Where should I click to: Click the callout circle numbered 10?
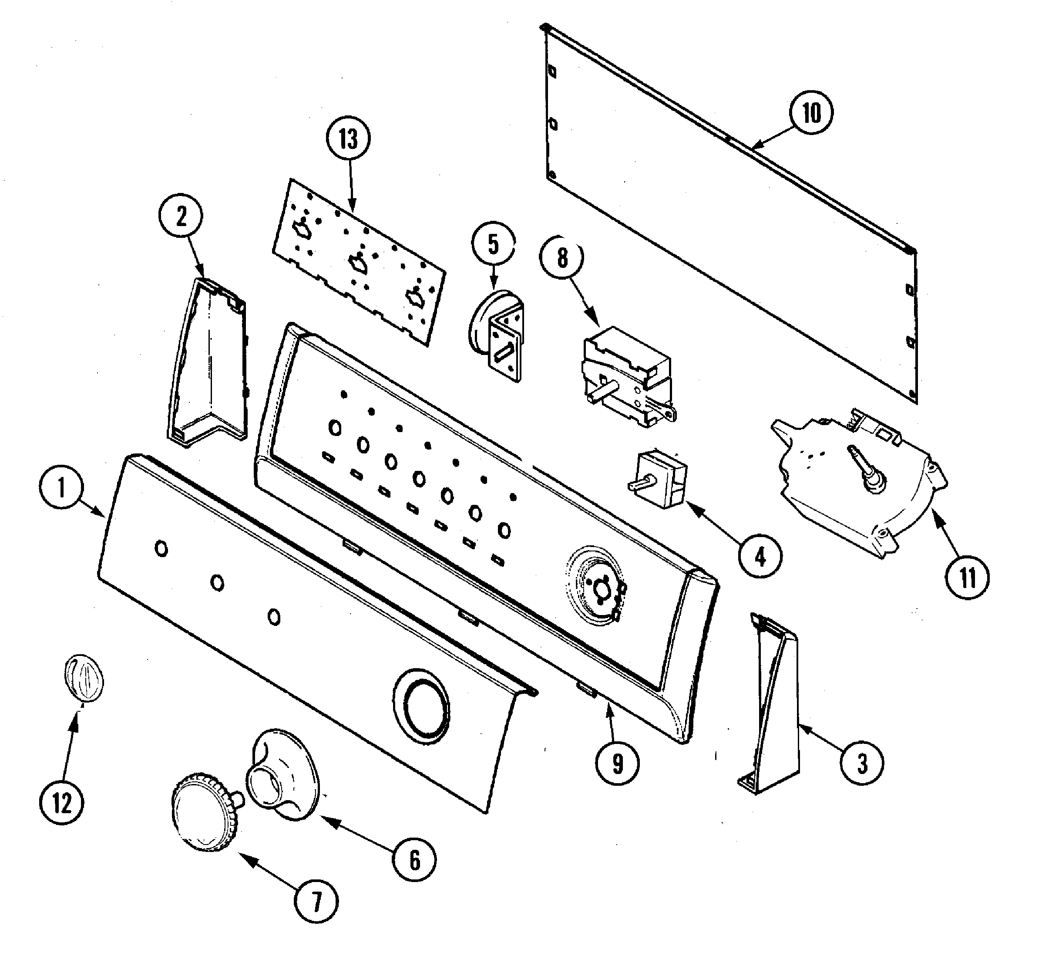[811, 112]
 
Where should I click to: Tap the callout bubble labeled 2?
[181, 216]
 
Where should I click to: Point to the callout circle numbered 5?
[493, 244]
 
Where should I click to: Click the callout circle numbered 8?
[562, 258]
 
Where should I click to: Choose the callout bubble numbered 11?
[967, 578]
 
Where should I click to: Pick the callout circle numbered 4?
[760, 557]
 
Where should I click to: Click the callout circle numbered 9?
[617, 763]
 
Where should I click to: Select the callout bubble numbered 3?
[862, 763]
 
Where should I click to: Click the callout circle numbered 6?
[414, 860]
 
